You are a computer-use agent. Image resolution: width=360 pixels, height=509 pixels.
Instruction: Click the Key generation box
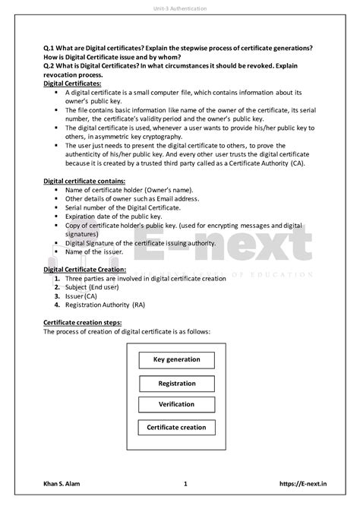176,359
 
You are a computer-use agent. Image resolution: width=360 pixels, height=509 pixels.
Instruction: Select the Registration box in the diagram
176,382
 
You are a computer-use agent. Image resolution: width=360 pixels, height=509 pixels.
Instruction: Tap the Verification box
176,404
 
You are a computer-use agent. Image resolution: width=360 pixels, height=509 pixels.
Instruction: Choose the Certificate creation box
176,427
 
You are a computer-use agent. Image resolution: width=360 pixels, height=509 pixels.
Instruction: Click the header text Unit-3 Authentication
179,8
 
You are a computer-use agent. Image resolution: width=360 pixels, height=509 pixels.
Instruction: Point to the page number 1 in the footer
185,484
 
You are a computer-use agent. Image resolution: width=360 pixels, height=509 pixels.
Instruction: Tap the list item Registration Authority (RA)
105,305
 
